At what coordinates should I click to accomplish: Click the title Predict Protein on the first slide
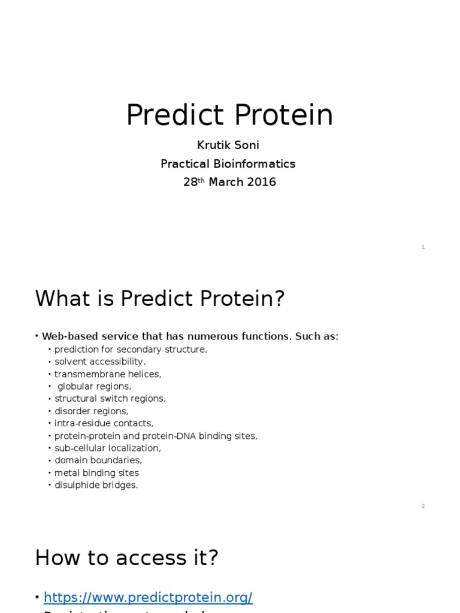(229, 115)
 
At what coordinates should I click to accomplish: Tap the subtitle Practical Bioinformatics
(228, 164)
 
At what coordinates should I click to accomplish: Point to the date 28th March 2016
(229, 182)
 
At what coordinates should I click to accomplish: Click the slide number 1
(423, 247)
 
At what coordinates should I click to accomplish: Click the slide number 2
(423, 506)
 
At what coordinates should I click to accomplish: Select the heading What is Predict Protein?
(160, 298)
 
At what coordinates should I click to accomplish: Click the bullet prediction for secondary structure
(131, 350)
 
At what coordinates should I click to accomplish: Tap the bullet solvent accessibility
(100, 362)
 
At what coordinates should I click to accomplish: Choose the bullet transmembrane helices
(108, 374)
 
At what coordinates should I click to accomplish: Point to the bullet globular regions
(94, 387)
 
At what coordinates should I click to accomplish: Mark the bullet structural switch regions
(110, 399)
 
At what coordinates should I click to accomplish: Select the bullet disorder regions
(92, 411)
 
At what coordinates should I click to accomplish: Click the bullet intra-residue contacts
(104, 423)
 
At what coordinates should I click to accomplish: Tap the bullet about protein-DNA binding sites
(156, 436)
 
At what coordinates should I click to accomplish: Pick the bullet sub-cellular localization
(108, 448)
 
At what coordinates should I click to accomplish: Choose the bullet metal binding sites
(96, 473)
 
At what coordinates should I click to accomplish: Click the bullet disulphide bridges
(96, 485)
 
